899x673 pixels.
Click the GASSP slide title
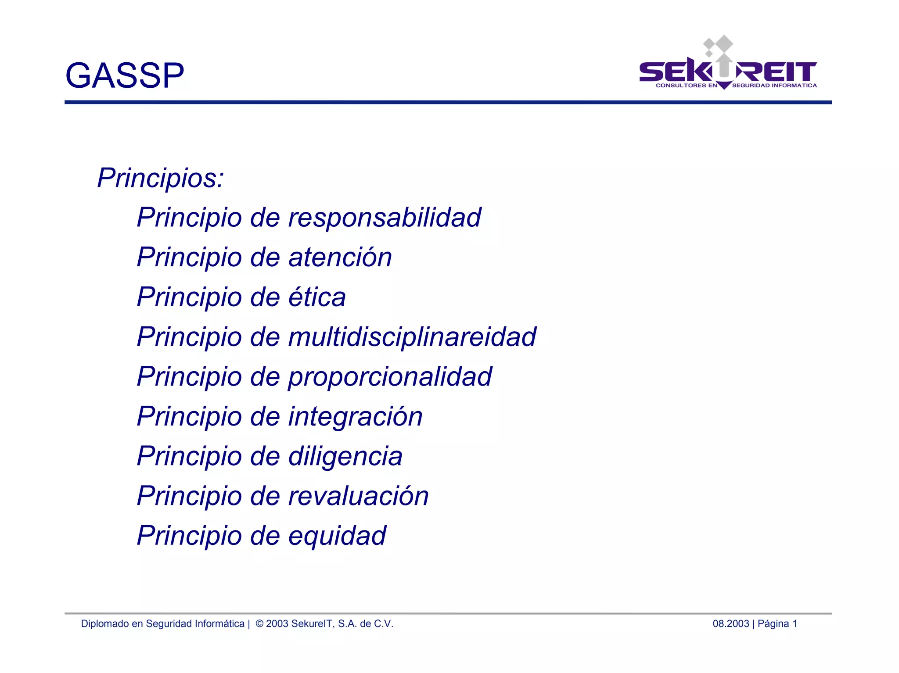(125, 75)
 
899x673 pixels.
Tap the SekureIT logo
(728, 70)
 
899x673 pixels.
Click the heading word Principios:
(161, 178)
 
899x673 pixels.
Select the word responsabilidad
(385, 218)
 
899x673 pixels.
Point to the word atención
(340, 257)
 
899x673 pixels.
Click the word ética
(317, 297)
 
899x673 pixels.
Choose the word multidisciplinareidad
(412, 337)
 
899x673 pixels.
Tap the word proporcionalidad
(390, 377)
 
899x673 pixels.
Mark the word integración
(356, 416)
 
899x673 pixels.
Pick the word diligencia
(345, 456)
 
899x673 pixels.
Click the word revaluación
(359, 496)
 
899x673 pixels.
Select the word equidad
(337, 536)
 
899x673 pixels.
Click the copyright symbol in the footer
(259, 624)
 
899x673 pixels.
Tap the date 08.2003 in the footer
(730, 624)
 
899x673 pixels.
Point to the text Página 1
(777, 624)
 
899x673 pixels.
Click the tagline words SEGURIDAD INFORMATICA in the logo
(774, 86)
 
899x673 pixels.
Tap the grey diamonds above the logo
(718, 45)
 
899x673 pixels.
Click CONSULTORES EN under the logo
(686, 86)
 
